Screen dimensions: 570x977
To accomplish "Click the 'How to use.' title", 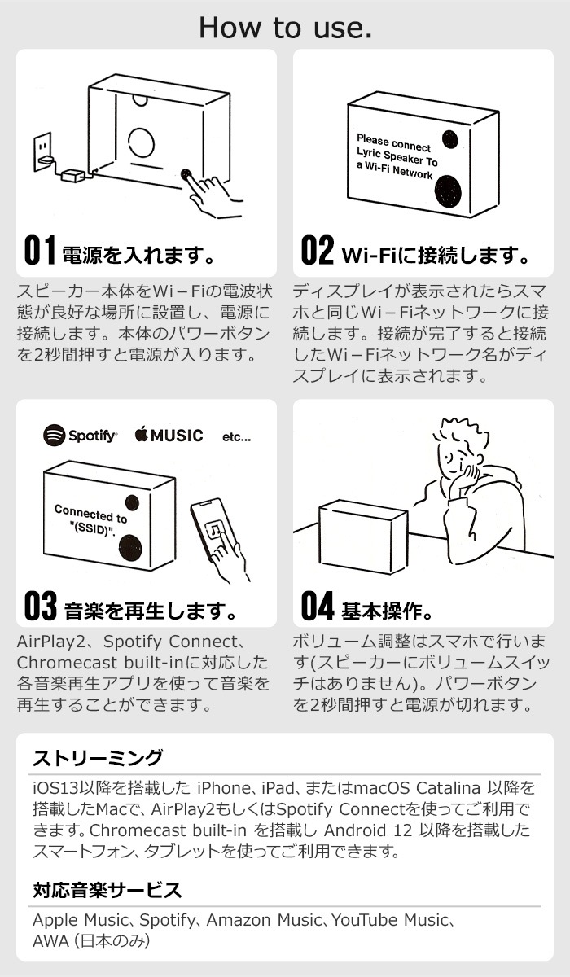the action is point(285,27).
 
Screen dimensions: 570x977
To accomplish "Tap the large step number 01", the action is point(40,250).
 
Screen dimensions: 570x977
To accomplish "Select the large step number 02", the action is point(318,250).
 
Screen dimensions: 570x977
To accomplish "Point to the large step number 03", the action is point(41,606).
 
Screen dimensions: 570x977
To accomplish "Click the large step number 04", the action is point(318,606).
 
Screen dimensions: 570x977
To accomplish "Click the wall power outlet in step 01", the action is point(42,151).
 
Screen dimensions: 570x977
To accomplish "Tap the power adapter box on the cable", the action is point(72,176).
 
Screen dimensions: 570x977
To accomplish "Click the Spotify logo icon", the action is point(54,436).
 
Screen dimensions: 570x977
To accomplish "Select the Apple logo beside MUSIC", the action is point(141,435).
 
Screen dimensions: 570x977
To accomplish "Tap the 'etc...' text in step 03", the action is point(236,437).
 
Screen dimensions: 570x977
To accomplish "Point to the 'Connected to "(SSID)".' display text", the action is point(90,521).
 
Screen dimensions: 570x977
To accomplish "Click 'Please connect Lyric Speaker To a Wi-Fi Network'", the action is point(397,157).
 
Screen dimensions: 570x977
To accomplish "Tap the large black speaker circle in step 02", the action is point(448,192).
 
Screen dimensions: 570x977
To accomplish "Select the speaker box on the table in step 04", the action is point(363,537).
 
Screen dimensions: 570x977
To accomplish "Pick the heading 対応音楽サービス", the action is point(107,890).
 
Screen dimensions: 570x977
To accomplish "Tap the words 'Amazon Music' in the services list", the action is point(264,920).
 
